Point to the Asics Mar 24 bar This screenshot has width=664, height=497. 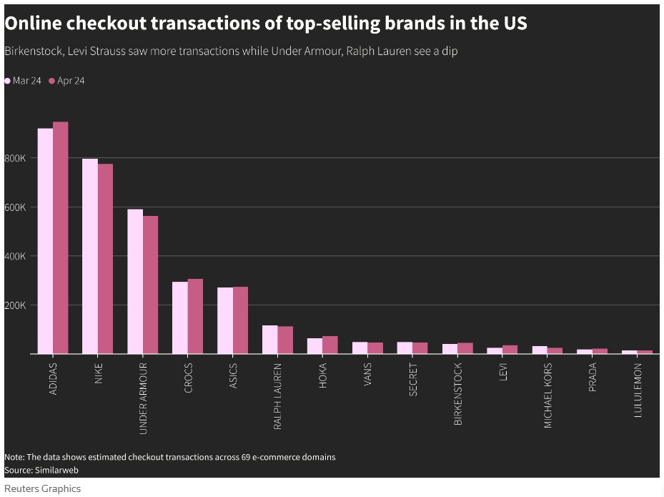pyautogui.click(x=225, y=320)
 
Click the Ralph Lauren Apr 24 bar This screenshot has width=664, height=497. pyautogui.click(x=285, y=340)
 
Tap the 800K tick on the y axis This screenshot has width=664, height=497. pyautogui.click(x=15, y=158)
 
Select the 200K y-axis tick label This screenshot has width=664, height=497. pyautogui.click(x=15, y=305)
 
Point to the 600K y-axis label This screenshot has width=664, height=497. pyautogui.click(x=15, y=207)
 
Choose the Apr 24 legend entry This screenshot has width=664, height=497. pyautogui.click(x=67, y=81)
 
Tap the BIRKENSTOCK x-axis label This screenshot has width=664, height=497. pyautogui.click(x=458, y=394)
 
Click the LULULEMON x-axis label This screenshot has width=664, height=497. pyautogui.click(x=638, y=390)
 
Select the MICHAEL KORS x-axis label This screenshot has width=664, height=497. pyautogui.click(x=548, y=395)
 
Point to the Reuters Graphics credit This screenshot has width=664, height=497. pyautogui.click(x=43, y=489)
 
